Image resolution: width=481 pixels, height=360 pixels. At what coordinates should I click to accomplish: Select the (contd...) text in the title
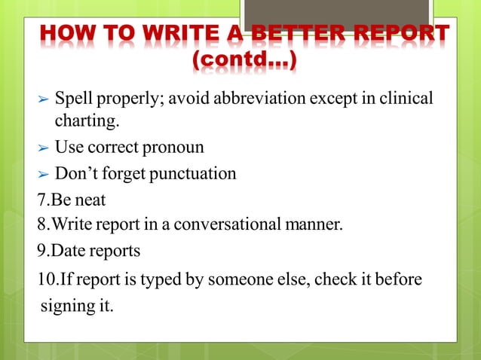click(x=245, y=60)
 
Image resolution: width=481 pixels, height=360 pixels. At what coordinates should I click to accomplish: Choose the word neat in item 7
click(x=90, y=200)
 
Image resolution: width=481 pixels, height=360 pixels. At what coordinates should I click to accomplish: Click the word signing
click(x=68, y=307)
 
